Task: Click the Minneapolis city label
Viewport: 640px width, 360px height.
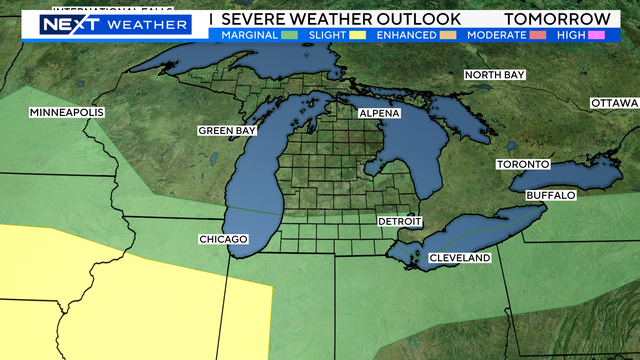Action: point(67,112)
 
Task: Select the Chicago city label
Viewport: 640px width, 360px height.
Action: point(222,240)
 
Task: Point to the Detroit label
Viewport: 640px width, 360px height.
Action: point(400,221)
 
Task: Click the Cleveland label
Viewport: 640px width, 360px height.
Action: point(460,258)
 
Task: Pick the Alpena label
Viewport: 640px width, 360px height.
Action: point(379,114)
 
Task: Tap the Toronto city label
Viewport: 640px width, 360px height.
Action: point(523,164)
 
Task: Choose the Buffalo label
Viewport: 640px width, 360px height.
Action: point(549,195)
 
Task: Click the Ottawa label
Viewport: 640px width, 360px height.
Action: point(614,103)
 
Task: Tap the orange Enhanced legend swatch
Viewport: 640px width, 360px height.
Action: point(447,35)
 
